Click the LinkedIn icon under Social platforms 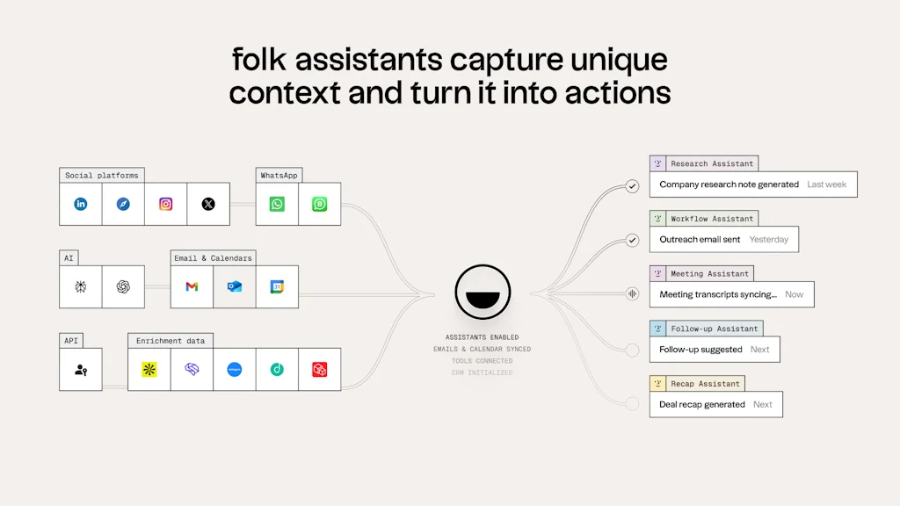[x=81, y=204]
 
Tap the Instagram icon [x=165, y=204]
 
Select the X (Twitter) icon [x=208, y=204]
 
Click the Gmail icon [x=192, y=286]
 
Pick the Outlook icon [x=235, y=286]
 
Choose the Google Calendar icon [x=277, y=286]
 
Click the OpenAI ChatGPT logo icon [x=123, y=286]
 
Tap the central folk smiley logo [x=483, y=291]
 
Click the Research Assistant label [x=711, y=163]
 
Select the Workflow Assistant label [x=711, y=219]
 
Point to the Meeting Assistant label [x=709, y=273]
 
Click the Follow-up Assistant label [x=714, y=329]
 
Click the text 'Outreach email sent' [x=700, y=239]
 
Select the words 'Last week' [x=826, y=184]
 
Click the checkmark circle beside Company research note [x=632, y=186]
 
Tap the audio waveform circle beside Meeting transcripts [x=632, y=294]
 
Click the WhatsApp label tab [x=279, y=175]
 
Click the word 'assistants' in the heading [x=368, y=61]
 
